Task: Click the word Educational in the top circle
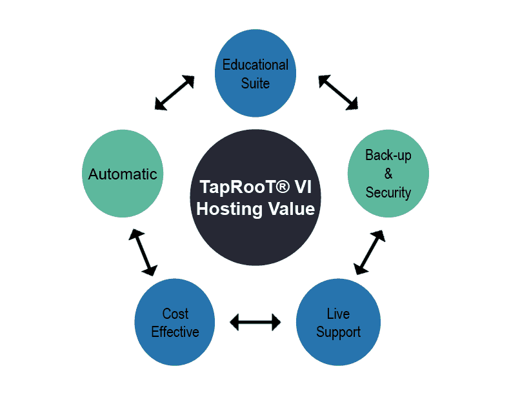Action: coord(255,65)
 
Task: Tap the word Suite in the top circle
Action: coord(255,83)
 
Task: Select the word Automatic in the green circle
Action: coord(123,174)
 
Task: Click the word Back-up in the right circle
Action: coord(388,155)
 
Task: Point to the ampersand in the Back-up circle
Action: coord(388,174)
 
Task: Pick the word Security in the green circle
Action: coord(388,192)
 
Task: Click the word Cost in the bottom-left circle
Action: coord(175,314)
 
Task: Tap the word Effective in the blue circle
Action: coord(175,332)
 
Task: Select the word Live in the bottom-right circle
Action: coord(338,314)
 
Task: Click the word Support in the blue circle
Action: coord(338,332)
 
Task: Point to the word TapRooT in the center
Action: coord(228,188)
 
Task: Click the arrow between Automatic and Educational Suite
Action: coord(175,92)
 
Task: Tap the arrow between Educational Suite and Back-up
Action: coord(337,92)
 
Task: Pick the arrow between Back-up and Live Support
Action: coord(370,252)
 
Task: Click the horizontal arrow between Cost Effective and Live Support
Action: coord(255,321)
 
